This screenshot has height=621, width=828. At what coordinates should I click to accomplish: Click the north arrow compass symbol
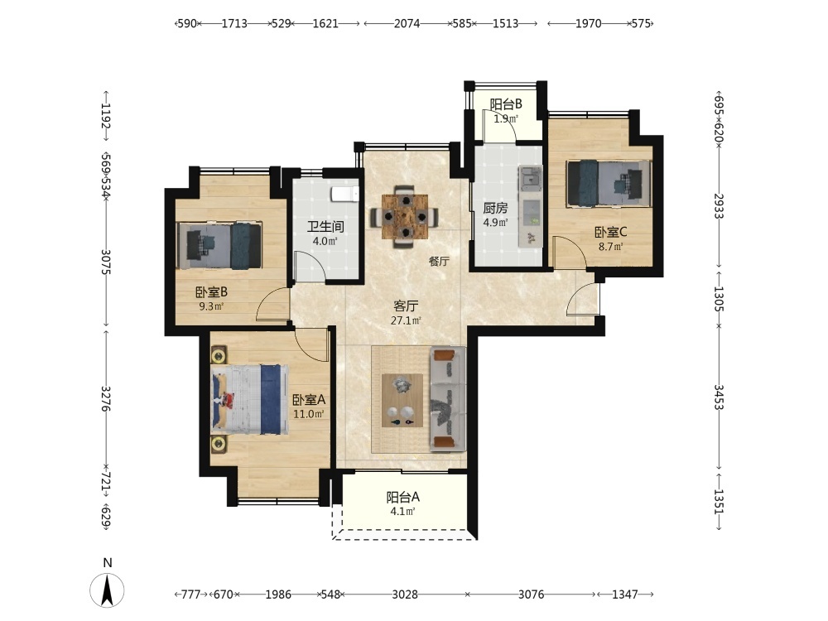(x=107, y=590)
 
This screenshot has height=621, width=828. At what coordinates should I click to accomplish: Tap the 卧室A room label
(x=309, y=400)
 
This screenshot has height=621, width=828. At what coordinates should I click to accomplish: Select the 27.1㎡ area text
(x=406, y=320)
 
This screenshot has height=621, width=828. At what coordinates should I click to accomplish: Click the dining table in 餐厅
(x=405, y=216)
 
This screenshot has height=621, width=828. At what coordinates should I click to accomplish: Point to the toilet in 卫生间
(x=345, y=194)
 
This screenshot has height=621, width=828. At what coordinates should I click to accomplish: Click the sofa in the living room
(x=448, y=399)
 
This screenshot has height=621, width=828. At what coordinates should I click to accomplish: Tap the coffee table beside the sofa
(x=402, y=400)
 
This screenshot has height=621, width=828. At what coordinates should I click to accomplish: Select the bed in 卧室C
(x=609, y=183)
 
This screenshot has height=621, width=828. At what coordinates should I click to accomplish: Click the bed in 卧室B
(x=219, y=246)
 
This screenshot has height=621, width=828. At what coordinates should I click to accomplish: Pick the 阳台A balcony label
(x=403, y=497)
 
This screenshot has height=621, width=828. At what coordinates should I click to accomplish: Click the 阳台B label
(x=505, y=104)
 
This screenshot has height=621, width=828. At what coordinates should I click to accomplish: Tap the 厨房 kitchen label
(x=495, y=208)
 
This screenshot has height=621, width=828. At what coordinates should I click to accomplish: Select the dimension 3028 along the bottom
(x=405, y=595)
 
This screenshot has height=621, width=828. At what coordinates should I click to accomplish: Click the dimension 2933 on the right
(x=719, y=206)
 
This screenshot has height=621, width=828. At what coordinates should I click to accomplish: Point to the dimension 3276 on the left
(x=106, y=399)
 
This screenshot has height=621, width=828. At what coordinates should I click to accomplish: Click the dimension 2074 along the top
(x=407, y=23)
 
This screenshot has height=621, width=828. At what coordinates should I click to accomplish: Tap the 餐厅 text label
(x=439, y=261)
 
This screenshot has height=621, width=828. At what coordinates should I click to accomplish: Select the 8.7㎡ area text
(x=610, y=246)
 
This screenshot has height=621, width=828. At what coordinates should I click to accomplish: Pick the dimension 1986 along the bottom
(x=278, y=595)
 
